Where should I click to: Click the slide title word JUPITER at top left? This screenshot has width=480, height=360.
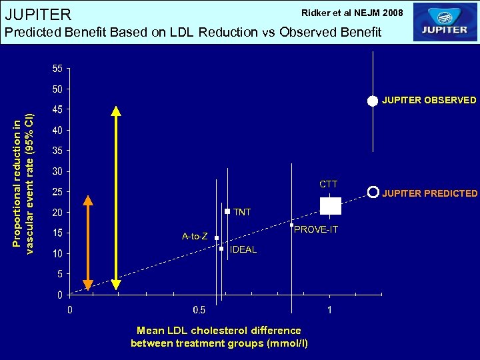click(x=38, y=14)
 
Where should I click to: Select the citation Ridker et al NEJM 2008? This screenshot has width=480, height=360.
click(x=352, y=13)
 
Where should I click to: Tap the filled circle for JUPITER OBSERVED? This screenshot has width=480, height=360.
click(x=373, y=101)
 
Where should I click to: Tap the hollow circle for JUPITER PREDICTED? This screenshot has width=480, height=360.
click(x=373, y=191)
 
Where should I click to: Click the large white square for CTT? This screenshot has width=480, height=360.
click(x=331, y=206)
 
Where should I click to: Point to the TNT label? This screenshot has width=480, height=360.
click(x=242, y=212)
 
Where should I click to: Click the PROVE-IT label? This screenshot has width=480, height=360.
click(x=316, y=230)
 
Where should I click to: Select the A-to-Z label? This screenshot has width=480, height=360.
click(x=195, y=237)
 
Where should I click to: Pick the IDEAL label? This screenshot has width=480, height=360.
click(x=243, y=250)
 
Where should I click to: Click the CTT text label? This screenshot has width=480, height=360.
click(x=328, y=184)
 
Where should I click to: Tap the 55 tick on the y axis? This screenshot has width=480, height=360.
click(x=57, y=69)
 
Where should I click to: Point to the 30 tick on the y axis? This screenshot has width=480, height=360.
click(x=57, y=171)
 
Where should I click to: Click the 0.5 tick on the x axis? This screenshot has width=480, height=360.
click(x=199, y=310)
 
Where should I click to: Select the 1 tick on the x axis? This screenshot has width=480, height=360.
click(x=330, y=310)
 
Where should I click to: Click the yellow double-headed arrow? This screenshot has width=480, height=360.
click(x=116, y=198)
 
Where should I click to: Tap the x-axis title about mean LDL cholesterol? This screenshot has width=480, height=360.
click(x=219, y=337)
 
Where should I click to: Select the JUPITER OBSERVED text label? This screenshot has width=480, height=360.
click(x=429, y=101)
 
